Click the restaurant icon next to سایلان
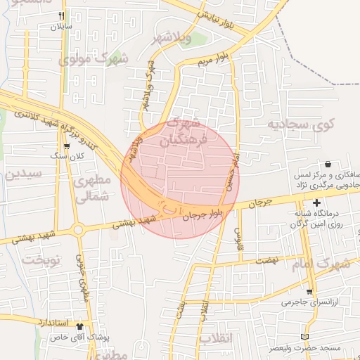click(x=62, y=16)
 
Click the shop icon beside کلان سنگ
click(x=67, y=146)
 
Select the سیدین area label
click(x=23, y=174)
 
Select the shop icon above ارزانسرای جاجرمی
click(x=309, y=291)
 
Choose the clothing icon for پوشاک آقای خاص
click(x=79, y=326)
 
